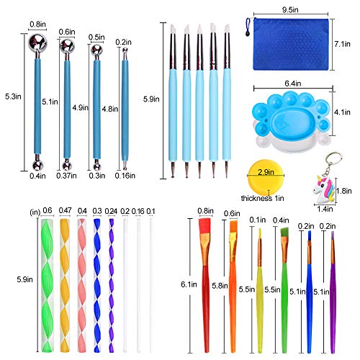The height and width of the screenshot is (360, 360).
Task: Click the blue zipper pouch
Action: pyautogui.click(x=291, y=45)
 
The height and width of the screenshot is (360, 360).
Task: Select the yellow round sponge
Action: pyautogui.click(x=266, y=177)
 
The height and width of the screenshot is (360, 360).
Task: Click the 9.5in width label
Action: pyautogui.click(x=290, y=10)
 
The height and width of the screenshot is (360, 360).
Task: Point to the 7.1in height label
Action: pyautogui.click(x=342, y=44)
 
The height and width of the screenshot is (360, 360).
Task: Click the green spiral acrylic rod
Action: pyautogui.click(x=47, y=285)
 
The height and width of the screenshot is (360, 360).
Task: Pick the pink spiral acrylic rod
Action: pyautogui.click(x=82, y=285)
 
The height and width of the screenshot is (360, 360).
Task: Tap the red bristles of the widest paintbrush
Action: pyautogui.click(x=205, y=225)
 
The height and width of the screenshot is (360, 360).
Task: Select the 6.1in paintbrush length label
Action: pyautogui.click(x=189, y=284)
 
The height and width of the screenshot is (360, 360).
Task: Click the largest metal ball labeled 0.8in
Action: pyautogui.click(x=37, y=42)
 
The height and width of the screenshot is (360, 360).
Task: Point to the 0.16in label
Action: pyautogui.click(x=125, y=176)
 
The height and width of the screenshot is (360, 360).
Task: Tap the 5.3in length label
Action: pyautogui.click(x=13, y=96)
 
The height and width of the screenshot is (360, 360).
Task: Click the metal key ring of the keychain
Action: pyautogui.click(x=333, y=159)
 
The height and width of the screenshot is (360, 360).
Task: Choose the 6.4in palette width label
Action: pyautogui.click(x=293, y=84)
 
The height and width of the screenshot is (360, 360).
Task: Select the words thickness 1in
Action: pyautogui.click(x=262, y=198)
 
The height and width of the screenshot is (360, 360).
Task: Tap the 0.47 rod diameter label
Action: pyautogui.click(x=65, y=210)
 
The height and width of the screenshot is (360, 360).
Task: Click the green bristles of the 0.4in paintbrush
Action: pyautogui.click(x=284, y=232)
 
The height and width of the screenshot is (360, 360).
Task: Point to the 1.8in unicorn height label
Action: pyautogui.click(x=343, y=191)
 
